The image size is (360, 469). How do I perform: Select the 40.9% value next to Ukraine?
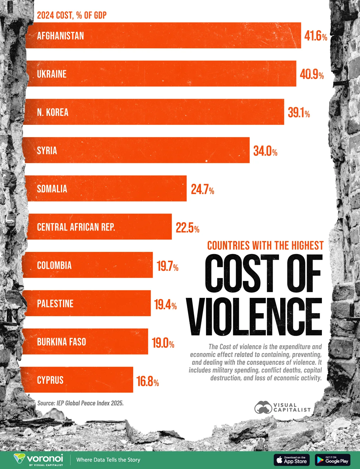pos(312,74)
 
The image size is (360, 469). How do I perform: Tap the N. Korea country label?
pos(53,112)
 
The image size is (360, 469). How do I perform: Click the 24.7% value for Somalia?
pos(202,189)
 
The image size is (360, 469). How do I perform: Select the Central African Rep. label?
pos(76,227)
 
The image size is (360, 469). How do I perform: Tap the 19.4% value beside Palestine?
pos(165,304)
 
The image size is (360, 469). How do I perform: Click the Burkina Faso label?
pos(61,342)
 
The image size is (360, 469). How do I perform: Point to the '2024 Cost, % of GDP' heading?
pos(72,15)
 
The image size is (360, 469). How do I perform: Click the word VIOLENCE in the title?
pos(255,317)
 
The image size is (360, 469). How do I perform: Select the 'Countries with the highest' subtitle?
pos(265,246)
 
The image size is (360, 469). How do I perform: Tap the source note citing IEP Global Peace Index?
pos(80,403)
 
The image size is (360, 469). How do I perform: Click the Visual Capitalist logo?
pos(282,407)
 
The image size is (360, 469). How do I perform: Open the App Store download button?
pos(292,460)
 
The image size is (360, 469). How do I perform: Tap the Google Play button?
pos(333,460)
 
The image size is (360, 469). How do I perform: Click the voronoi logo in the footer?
pos(38,460)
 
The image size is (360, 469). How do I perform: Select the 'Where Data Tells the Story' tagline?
pos(108,460)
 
